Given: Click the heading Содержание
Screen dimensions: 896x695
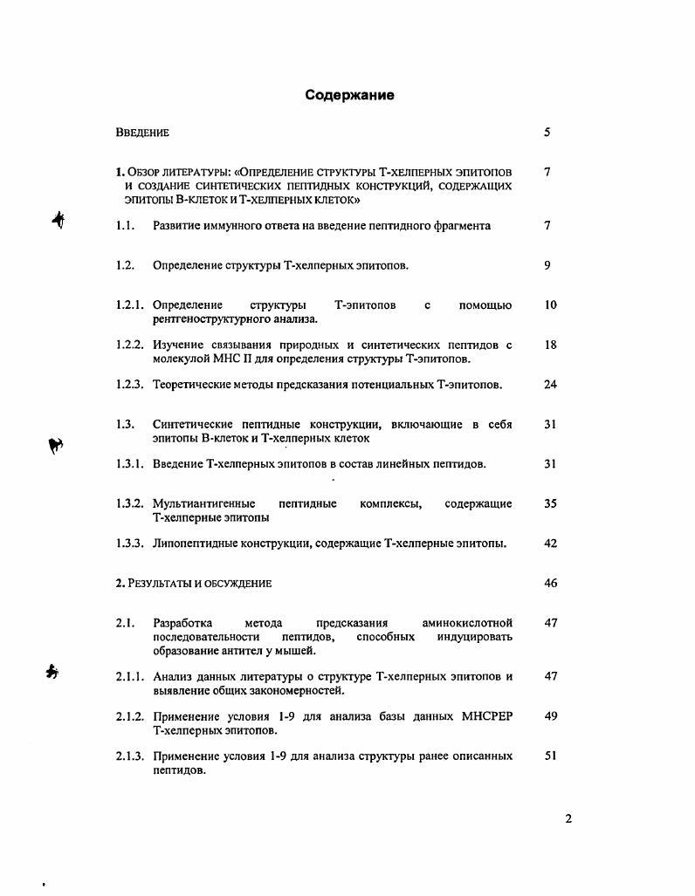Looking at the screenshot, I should coord(349,95).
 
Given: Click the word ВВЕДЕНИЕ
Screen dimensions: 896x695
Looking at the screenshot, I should coord(142,133).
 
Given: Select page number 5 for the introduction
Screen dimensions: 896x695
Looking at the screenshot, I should coord(547,133).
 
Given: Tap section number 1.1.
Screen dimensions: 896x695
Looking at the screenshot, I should coord(124,226).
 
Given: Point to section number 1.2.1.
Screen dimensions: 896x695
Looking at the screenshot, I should coord(130,305).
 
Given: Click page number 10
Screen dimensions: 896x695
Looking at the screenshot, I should coord(550,305).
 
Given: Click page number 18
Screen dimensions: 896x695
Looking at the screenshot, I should coord(550,345).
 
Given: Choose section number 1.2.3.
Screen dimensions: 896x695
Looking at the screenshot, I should coord(130,385).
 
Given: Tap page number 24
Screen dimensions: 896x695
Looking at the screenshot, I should coord(550,385).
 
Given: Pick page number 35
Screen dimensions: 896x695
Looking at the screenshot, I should coord(550,504).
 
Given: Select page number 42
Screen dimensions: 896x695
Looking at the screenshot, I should coord(550,544).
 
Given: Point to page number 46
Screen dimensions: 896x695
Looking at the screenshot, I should coord(550,584).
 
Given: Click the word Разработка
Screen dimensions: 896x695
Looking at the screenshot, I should coord(183,623).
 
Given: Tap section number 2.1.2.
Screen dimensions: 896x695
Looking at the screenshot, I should coord(130,716).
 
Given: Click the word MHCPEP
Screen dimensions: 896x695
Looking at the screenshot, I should coord(485,716).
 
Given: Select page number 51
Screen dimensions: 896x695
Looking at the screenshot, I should coord(550,756).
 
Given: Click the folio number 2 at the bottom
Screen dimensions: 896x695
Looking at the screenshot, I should coord(568,818).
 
